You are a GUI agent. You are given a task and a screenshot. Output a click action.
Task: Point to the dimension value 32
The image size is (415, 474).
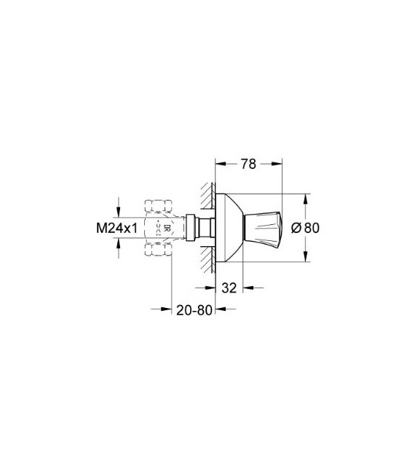(229, 287)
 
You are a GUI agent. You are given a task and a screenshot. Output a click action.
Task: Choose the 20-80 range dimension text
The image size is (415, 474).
(193, 310)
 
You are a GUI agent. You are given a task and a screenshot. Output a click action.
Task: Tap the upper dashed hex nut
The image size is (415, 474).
(159, 205)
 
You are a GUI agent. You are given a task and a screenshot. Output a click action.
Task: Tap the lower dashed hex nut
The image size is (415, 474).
(159, 250)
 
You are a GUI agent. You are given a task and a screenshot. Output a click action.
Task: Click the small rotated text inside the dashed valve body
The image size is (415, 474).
(166, 227)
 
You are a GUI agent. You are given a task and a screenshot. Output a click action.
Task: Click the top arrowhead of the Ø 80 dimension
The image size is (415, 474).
(306, 198)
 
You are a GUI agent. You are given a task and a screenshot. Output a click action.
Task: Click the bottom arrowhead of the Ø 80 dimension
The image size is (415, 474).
(306, 256)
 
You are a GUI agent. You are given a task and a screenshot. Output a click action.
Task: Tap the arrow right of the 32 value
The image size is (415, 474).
(249, 287)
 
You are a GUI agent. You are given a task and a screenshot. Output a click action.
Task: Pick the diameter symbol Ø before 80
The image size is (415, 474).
(296, 227)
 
